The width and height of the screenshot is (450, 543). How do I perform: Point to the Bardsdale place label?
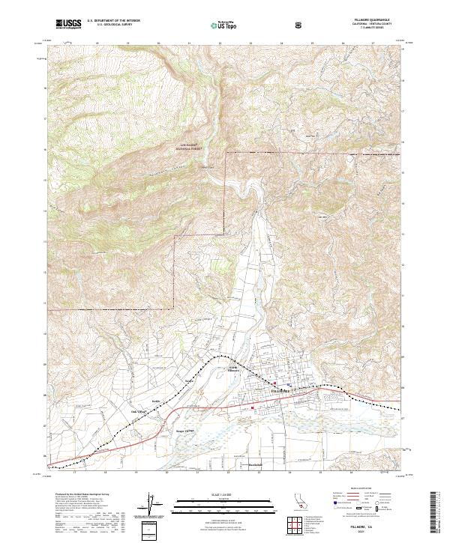coord(256,464)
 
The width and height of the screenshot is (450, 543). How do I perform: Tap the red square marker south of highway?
coord(253,408)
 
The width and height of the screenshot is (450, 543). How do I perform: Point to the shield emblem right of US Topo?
coord(300,25)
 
